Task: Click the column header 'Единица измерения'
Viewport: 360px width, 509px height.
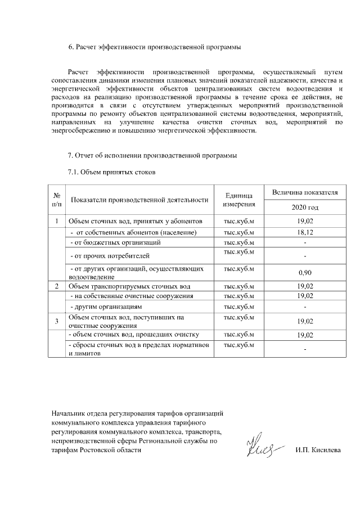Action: pos(239,199)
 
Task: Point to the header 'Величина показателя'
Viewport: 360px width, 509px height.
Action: pos(304,192)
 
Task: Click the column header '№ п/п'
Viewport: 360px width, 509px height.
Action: pos(57,199)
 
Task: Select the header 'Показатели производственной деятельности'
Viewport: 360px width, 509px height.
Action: pos(140,200)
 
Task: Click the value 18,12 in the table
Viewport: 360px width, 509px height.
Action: pos(304,232)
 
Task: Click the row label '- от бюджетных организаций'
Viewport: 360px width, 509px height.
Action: pos(115,242)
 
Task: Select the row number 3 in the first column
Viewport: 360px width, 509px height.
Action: pos(57,321)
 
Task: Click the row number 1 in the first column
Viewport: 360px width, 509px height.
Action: pos(57,221)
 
